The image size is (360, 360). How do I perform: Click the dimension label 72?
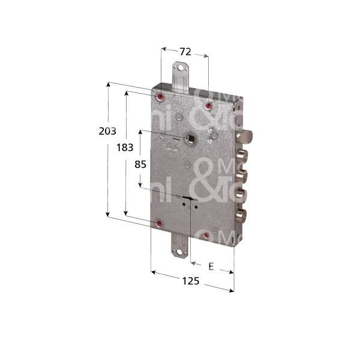click(x=185, y=52)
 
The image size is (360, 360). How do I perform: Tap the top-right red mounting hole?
click(x=208, y=106)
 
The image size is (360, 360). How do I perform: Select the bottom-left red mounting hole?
click(x=159, y=224)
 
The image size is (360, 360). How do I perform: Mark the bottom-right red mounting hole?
click(x=206, y=235)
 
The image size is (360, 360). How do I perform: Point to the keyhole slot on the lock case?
click(x=190, y=200)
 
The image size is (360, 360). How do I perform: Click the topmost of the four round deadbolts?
click(x=241, y=157)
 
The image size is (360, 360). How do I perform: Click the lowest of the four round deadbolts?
click(x=241, y=214)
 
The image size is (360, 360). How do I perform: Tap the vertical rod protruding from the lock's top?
click(x=178, y=76)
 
